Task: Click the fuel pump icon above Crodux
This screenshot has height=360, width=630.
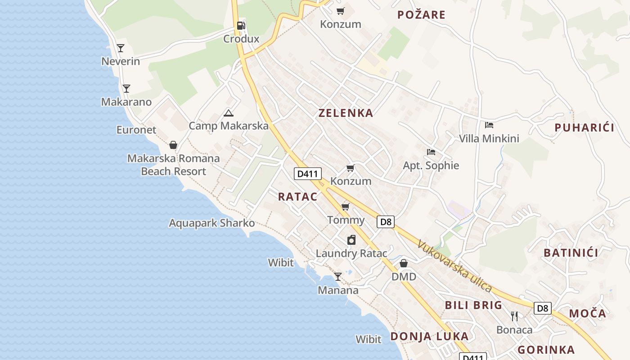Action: click(241, 26)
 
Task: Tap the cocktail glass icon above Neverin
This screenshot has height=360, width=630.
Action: click(121, 48)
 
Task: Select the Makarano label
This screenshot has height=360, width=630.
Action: click(126, 102)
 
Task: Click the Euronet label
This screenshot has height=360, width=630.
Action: click(136, 130)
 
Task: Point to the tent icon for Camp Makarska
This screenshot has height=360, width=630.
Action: click(229, 113)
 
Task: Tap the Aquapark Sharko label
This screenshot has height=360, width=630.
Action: click(211, 223)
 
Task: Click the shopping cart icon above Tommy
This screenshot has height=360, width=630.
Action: click(345, 207)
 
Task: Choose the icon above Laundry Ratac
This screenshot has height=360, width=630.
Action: click(351, 240)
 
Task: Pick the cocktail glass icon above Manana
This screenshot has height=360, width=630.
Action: click(338, 276)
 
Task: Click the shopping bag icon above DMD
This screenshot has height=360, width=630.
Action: click(404, 263)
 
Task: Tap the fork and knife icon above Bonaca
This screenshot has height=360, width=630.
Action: click(514, 316)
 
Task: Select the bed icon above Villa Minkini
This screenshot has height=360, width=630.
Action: click(489, 125)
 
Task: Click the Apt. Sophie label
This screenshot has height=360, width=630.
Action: click(431, 165)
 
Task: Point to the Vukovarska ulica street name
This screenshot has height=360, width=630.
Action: click(454, 266)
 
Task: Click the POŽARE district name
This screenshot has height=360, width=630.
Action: click(421, 15)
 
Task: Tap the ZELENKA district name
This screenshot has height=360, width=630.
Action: click(346, 113)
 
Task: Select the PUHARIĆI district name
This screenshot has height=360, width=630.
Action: click(584, 127)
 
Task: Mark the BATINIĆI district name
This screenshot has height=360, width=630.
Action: click(571, 252)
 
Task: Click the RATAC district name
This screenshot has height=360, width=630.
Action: click(297, 196)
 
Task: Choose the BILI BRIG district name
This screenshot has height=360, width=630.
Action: click(473, 305)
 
